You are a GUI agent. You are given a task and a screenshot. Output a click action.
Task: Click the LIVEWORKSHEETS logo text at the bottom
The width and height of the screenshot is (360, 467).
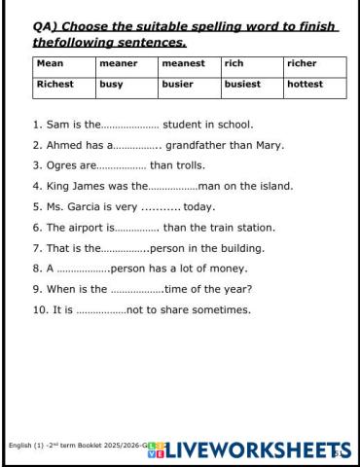coord(248,449)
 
